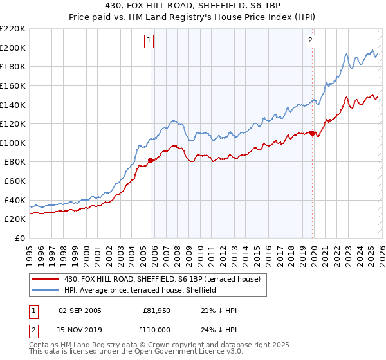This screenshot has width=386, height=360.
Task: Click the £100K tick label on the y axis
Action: coord(13,143)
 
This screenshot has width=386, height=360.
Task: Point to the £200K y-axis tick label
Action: coord(13,48)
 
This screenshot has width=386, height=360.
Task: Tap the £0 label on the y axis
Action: coord(19,238)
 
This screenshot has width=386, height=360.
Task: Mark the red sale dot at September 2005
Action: coord(151,160)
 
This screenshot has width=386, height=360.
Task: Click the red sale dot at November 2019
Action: coord(312,133)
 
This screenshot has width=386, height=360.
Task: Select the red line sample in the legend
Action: coord(46,279)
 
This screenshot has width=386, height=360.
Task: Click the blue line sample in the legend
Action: coord(46,291)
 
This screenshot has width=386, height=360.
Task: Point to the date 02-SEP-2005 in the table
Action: coord(80,310)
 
